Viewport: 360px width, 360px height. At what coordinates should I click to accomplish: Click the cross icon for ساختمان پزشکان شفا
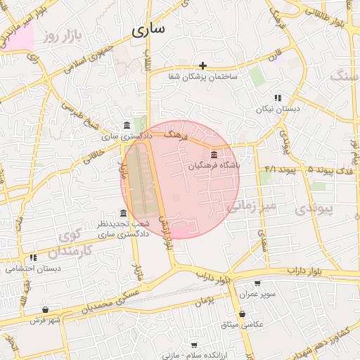coord(202,65)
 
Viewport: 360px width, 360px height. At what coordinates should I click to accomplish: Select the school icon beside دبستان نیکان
coord(278,98)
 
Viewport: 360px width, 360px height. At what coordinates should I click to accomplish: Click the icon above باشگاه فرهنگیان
coord(214,155)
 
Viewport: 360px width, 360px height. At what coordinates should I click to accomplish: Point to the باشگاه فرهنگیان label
coord(214,166)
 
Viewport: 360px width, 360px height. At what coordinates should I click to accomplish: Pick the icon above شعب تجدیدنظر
coord(124,213)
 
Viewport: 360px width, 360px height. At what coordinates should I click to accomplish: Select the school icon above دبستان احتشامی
coord(34,258)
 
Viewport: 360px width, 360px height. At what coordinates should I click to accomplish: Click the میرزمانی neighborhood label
coord(246,205)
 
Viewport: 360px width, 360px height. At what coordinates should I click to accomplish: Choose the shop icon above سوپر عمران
coord(257,284)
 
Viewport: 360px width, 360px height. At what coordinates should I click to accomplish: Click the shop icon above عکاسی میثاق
coord(243,314)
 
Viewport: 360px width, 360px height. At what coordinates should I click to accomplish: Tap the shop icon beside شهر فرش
coord(46,309)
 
